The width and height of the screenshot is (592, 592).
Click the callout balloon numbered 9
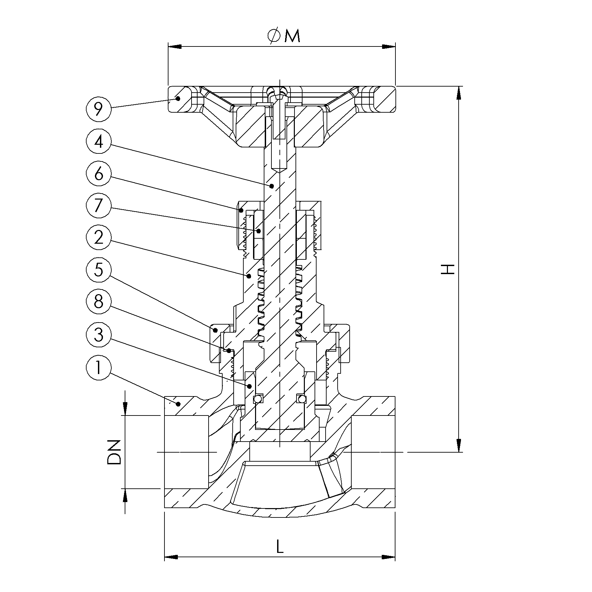click(x=98, y=109)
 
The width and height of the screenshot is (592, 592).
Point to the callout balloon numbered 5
click(x=98, y=269)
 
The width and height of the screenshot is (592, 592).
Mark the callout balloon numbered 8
click(x=98, y=302)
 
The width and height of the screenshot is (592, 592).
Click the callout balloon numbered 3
click(x=98, y=334)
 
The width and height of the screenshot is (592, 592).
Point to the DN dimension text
click(x=114, y=452)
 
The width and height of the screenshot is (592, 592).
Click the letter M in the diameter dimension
click(x=292, y=36)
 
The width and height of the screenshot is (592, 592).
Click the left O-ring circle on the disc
click(x=258, y=399)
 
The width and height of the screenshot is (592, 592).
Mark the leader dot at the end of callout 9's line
click(x=178, y=98)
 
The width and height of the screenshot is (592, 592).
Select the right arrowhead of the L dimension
click(x=389, y=557)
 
